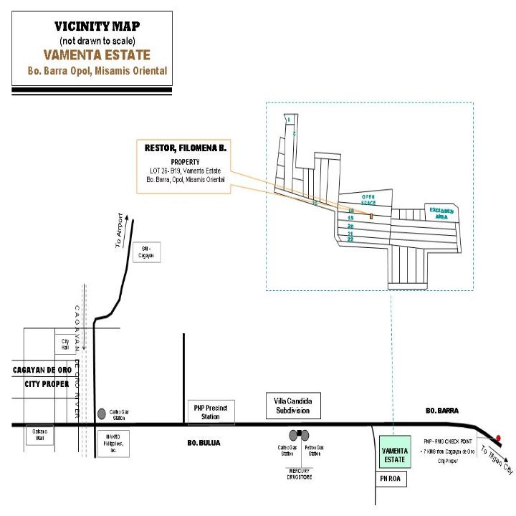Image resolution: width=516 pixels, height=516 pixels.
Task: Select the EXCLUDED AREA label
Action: click(x=441, y=211)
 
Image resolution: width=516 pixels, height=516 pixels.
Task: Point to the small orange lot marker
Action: click(x=371, y=215)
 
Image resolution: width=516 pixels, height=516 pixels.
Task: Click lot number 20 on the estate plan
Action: click(x=350, y=225)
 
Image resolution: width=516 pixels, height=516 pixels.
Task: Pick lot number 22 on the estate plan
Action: click(x=350, y=239)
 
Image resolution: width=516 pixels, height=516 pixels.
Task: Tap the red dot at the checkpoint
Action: click(x=498, y=437)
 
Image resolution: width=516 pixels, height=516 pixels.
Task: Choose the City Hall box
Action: click(x=64, y=345)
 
